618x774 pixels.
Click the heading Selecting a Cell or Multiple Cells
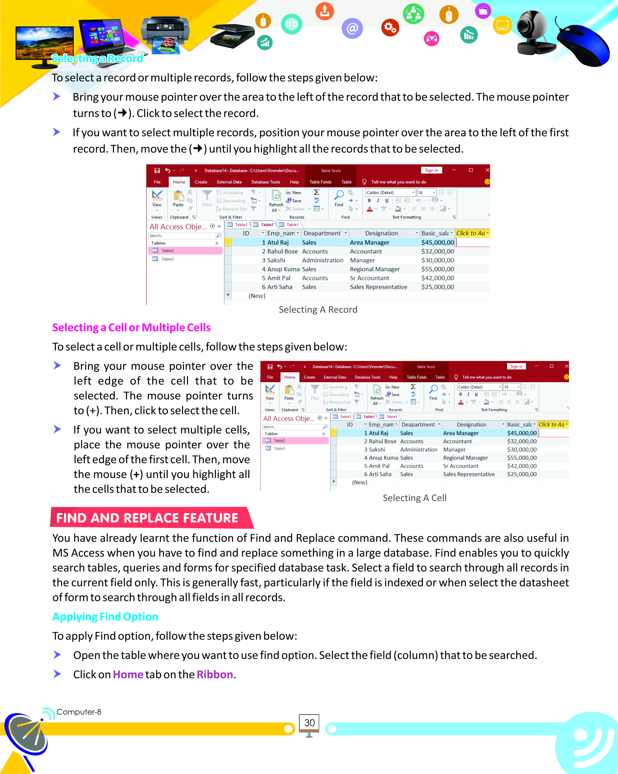tap(132, 327)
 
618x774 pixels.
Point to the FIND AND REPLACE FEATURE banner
tap(147, 518)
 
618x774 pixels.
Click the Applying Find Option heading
tap(105, 616)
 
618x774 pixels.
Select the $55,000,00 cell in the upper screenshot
tap(437, 269)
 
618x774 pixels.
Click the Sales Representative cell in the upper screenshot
tap(379, 287)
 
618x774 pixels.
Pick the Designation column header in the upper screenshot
tap(381, 233)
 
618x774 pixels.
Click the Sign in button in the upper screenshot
tap(431, 170)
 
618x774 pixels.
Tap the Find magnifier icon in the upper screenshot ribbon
tap(339, 195)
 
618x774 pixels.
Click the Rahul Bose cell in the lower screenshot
tap(383, 441)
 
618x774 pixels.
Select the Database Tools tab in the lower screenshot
tap(367, 377)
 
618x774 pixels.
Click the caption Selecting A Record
tap(318, 310)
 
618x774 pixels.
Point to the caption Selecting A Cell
tap(414, 498)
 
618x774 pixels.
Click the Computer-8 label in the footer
tap(79, 712)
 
